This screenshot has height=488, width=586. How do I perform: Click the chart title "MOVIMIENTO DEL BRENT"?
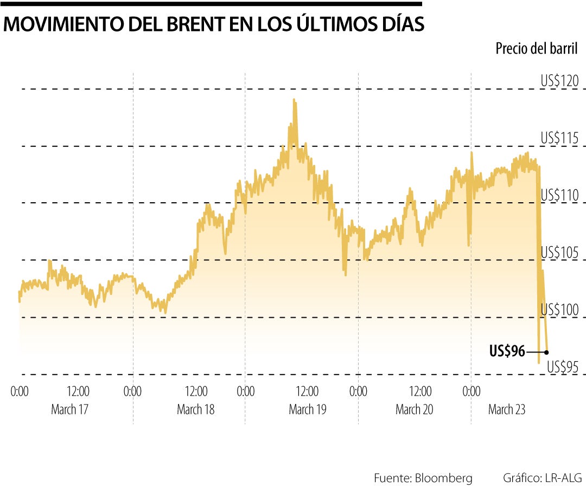coord(214,25)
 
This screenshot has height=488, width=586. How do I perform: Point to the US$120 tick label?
coord(559,81)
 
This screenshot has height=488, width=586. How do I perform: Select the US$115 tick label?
coord(559,138)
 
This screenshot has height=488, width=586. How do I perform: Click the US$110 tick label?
coord(559,195)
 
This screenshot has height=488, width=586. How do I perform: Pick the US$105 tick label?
coord(559,252)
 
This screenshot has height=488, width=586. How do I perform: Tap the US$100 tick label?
coord(559,309)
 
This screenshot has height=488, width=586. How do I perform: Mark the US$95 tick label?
coord(563,367)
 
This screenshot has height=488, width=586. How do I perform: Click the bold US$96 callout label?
coord(507,352)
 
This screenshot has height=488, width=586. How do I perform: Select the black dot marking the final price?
coord(546,352)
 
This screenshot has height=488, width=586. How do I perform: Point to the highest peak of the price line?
coord(294,100)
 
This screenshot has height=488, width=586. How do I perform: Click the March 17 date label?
coord(69,409)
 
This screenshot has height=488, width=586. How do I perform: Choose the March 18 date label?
coord(195,409)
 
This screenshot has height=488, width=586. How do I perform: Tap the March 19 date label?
coord(307,409)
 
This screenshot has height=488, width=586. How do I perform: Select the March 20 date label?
coord(414,409)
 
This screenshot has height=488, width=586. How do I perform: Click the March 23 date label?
coord(507,409)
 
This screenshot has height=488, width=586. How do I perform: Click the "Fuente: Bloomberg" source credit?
coord(423,478)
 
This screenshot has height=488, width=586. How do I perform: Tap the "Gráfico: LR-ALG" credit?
coord(542,478)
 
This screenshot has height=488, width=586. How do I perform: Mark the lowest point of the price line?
coord(539,362)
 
